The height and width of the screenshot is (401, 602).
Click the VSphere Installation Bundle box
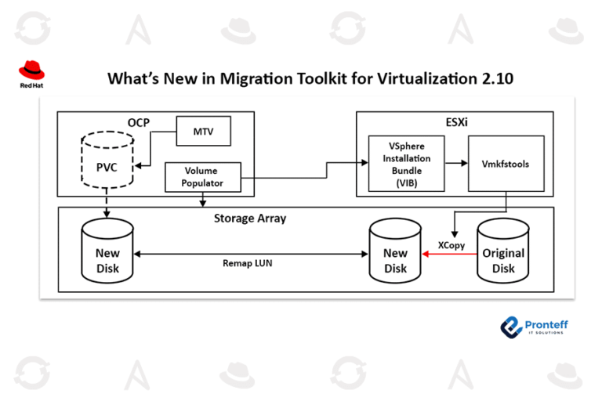[x=406, y=163]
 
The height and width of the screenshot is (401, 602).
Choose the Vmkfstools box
[x=506, y=162]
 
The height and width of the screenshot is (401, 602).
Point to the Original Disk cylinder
[x=503, y=253]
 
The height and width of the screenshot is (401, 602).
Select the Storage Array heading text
[x=249, y=219]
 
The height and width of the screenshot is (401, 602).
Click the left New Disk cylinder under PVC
[x=107, y=253]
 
